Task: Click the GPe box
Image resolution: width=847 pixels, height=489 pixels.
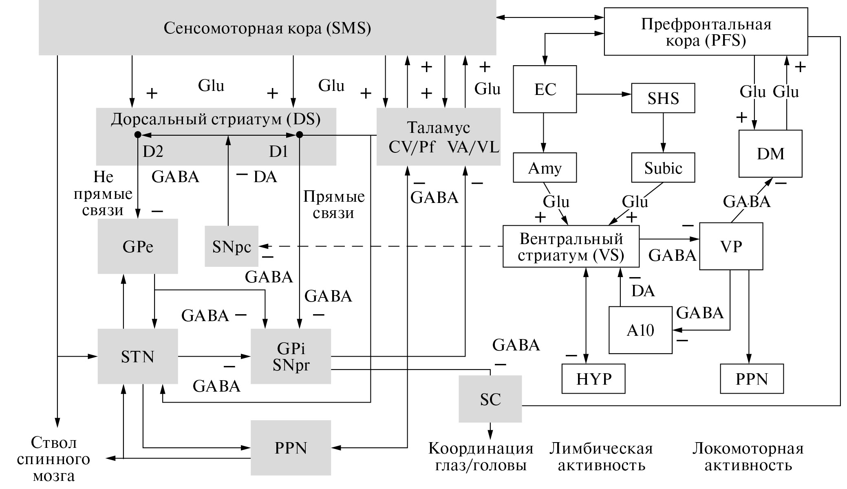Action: click(138, 246)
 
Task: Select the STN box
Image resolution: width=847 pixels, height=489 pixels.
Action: click(138, 357)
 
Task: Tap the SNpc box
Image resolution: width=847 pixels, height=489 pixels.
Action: click(232, 246)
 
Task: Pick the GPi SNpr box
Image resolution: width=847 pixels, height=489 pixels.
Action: click(291, 357)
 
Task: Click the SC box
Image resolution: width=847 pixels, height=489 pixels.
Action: click(490, 399)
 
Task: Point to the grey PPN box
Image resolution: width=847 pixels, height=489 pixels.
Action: click(291, 448)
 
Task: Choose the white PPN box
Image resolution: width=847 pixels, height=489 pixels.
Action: click(752, 379)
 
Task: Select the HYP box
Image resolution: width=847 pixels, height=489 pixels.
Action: click(593, 379)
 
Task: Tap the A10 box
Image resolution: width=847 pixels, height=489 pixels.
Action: click(640, 330)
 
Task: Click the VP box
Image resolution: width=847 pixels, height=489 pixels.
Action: click(731, 246)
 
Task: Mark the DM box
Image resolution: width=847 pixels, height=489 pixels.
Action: click(770, 154)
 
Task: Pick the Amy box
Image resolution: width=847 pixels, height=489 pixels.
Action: click(545, 167)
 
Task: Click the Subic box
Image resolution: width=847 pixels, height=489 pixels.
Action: click(663, 167)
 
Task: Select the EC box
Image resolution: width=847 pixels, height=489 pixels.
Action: click(545, 89)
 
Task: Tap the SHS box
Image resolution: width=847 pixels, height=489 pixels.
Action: click(663, 98)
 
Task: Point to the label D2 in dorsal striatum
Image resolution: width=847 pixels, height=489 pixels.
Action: click(153, 152)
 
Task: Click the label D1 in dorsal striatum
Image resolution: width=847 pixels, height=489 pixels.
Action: click(278, 152)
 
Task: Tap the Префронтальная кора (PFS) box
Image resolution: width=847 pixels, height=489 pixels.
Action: click(706, 31)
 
